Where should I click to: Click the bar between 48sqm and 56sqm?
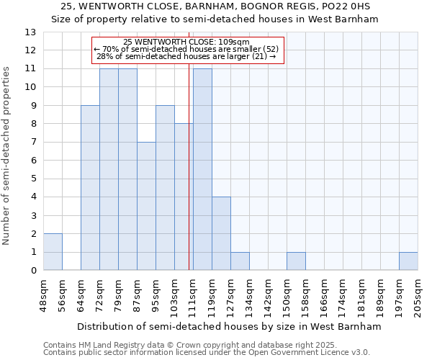click(x=53, y=252)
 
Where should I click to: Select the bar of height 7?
click(x=146, y=206)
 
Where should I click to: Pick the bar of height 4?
click(x=221, y=233)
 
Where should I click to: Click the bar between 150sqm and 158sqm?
click(x=296, y=261)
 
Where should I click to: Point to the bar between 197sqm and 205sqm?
click(x=408, y=261)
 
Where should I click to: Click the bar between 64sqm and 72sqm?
click(x=90, y=188)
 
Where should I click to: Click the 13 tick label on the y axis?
click(x=30, y=32)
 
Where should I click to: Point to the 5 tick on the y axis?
click(x=32, y=179)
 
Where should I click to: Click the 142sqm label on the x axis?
click(x=268, y=297)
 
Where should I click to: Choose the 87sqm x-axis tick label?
click(x=137, y=295)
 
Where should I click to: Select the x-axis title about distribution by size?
click(x=229, y=326)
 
